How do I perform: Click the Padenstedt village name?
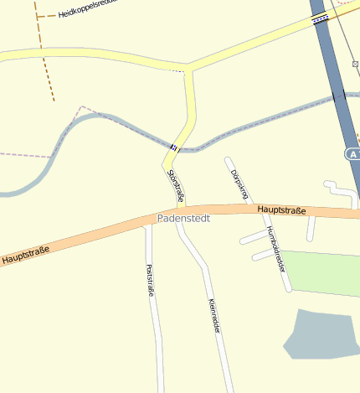(183, 218)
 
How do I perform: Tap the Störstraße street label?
(176, 185)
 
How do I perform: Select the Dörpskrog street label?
(239, 184)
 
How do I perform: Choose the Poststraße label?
(150, 281)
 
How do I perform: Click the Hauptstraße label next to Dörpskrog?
(282, 209)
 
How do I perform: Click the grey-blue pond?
(321, 335)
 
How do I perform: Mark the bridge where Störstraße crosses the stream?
(173, 147)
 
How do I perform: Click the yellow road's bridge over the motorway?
(321, 20)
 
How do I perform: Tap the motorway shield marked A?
(352, 154)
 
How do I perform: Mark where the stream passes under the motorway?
(339, 97)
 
